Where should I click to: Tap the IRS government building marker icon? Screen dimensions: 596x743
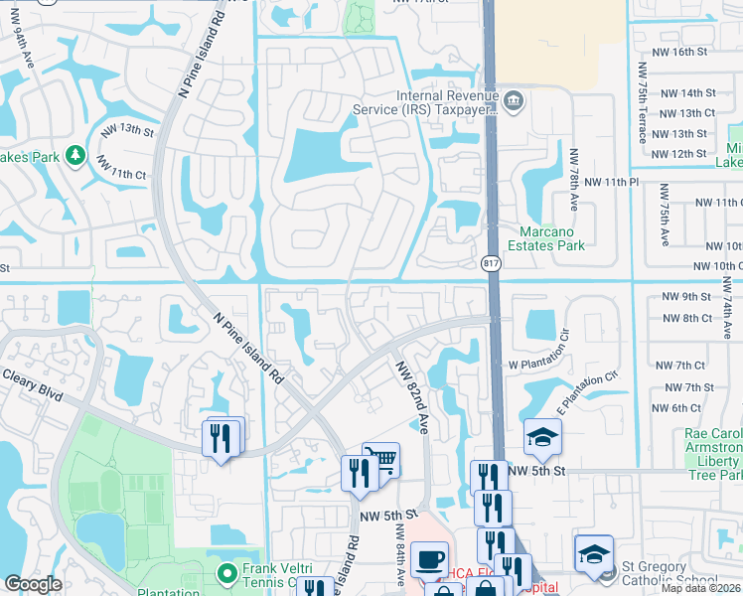(x=513, y=98)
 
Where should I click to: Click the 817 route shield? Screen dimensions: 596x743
(x=491, y=263)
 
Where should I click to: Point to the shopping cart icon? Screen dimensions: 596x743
(x=381, y=459)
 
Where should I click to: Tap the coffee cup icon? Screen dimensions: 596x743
(x=429, y=558)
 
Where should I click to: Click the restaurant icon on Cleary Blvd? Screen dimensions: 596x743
(x=221, y=437)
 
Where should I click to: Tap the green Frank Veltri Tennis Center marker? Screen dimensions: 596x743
(x=227, y=571)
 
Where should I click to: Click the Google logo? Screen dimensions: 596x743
(x=33, y=584)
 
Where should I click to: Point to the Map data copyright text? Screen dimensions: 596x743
(x=698, y=588)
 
